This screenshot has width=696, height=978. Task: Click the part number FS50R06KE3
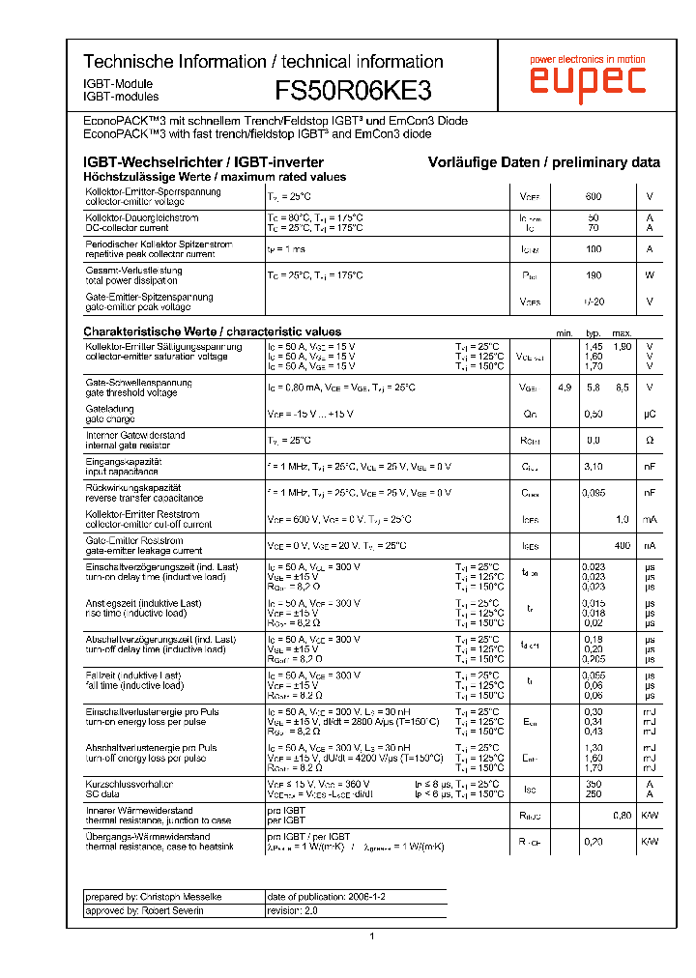[353, 90]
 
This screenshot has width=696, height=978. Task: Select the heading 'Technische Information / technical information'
[263, 61]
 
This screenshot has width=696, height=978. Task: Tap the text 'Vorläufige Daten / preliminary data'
[544, 162]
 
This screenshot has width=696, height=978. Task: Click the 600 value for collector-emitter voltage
[594, 197]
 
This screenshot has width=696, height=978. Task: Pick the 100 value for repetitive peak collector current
[594, 249]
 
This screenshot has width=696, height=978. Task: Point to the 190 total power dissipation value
[594, 275]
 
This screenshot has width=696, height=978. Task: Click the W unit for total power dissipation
[650, 275]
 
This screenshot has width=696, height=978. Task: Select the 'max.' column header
[622, 332]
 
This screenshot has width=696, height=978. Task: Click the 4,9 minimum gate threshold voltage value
[565, 388]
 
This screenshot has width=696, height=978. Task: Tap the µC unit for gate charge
[650, 414]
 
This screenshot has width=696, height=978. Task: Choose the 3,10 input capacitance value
[594, 466]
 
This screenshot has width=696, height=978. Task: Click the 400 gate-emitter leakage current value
[622, 545]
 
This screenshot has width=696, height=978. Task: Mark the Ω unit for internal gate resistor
[650, 440]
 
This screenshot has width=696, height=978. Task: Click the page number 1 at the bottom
[371, 935]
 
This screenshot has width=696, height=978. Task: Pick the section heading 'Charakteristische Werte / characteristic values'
[212, 331]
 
